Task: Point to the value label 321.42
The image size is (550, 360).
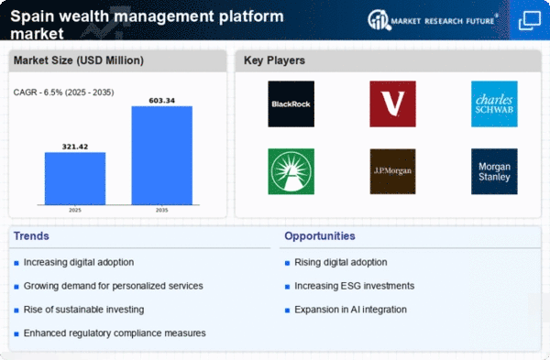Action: pos(75,145)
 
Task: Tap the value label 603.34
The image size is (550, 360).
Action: pos(161,99)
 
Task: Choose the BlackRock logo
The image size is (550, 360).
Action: pos(291,104)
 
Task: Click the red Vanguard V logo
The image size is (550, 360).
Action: pos(392,104)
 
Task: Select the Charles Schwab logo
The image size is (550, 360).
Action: pos(494,104)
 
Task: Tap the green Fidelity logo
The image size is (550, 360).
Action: pos(291,171)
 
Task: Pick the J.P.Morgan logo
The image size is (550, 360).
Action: pos(392,171)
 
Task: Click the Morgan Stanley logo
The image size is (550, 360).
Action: pos(494,171)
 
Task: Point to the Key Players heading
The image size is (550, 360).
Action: pos(274,61)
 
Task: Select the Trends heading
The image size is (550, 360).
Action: pos(33,236)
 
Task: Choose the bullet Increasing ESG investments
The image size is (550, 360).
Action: pos(355,287)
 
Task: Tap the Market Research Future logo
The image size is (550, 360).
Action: pos(440,20)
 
